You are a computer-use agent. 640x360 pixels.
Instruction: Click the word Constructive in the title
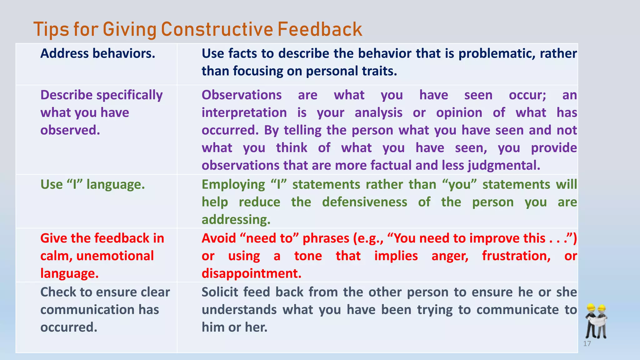tap(217, 29)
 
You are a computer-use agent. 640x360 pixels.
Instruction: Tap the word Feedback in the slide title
tap(319, 29)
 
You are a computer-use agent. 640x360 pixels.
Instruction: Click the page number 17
tap(587, 344)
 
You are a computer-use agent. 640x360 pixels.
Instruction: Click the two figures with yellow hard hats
tap(596, 321)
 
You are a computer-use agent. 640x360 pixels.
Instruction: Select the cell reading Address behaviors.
tap(97, 53)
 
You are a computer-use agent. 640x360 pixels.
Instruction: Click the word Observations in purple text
tap(241, 95)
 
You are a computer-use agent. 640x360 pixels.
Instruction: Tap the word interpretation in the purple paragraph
tap(244, 112)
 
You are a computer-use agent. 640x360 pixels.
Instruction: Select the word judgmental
tap(504, 165)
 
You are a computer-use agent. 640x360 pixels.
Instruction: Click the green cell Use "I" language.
tap(92, 184)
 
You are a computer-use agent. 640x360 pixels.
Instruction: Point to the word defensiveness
tap(364, 202)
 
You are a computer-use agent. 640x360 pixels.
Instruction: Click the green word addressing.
tap(236, 220)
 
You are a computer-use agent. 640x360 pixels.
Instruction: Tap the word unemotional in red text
tap(115, 256)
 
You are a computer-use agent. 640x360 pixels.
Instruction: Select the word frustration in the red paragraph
tap(516, 256)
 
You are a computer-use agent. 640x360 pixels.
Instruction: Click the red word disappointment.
tap(251, 273)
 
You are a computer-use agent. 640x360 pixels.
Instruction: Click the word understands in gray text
tap(239, 310)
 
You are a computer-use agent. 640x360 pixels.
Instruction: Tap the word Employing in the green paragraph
tap(233, 184)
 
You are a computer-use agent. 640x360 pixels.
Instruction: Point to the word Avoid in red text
tap(218, 238)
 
